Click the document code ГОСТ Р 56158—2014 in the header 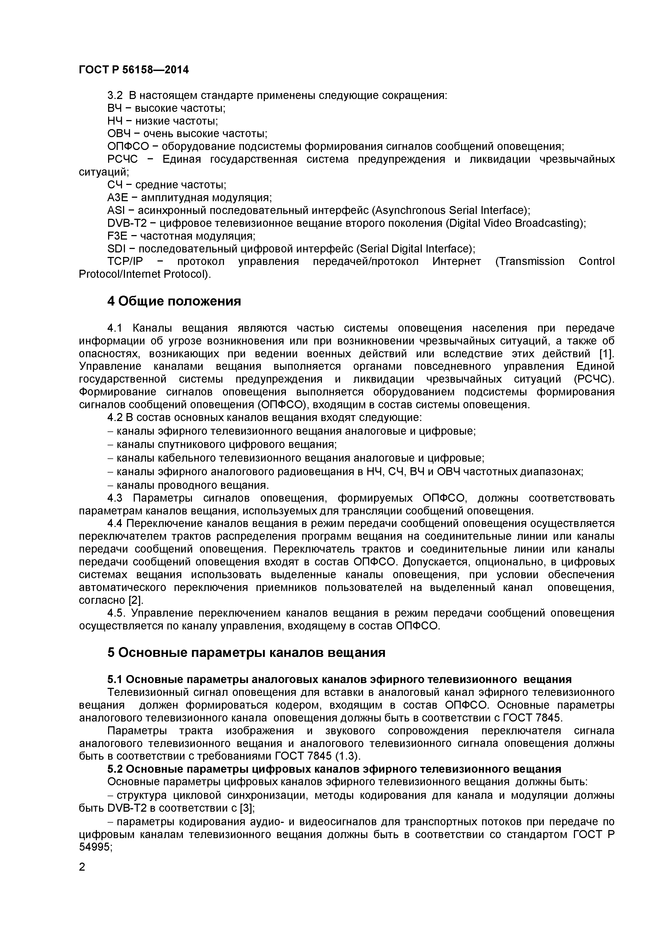(x=134, y=70)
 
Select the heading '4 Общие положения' (x=174, y=301)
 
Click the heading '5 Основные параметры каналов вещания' (x=246, y=653)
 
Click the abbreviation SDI (x=116, y=249)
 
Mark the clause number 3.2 (x=115, y=96)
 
